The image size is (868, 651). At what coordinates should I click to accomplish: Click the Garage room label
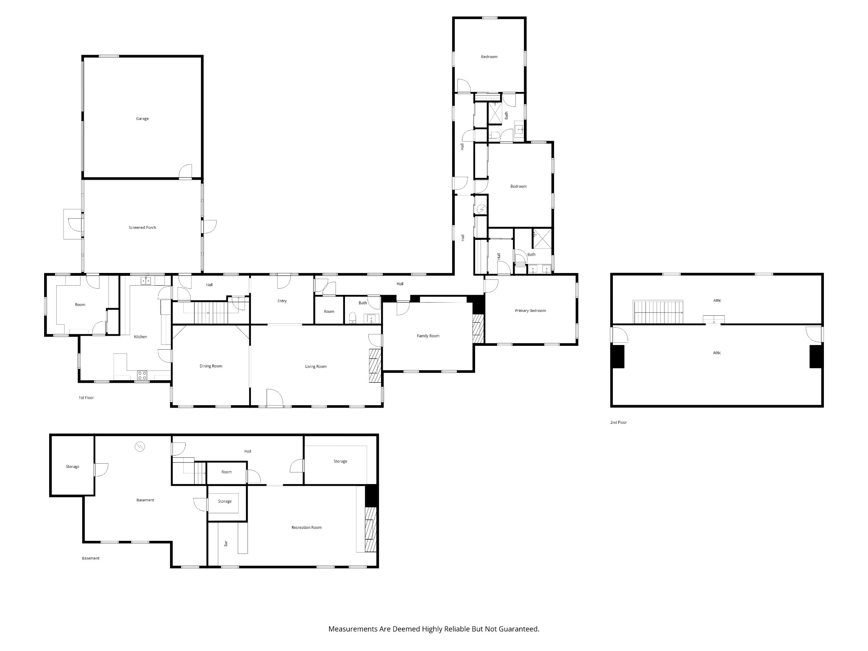[x=142, y=119]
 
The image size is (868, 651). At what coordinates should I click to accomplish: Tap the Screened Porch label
[x=142, y=228]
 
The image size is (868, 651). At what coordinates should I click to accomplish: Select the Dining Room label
[x=211, y=366]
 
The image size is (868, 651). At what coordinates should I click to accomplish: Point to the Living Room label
[x=316, y=367]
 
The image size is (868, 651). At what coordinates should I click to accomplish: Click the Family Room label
[x=428, y=336]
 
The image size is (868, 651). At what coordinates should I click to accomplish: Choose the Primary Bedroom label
[x=530, y=311]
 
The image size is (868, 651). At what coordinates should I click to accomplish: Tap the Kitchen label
[x=140, y=337]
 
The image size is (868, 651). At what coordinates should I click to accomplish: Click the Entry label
[x=282, y=301]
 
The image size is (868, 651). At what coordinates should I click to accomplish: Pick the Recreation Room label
[x=306, y=528]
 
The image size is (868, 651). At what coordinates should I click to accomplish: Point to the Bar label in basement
[x=226, y=543]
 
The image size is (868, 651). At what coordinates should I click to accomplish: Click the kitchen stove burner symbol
[x=142, y=375]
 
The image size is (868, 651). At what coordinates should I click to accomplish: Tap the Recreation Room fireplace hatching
[x=371, y=530]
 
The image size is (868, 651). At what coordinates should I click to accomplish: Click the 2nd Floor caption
[x=618, y=423]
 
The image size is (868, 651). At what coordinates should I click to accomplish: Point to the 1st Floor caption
[x=86, y=398]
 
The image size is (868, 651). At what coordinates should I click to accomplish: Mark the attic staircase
[x=658, y=312]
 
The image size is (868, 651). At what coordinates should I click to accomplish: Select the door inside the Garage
[x=185, y=171]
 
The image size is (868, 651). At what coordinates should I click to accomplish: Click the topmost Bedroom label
[x=489, y=57]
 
